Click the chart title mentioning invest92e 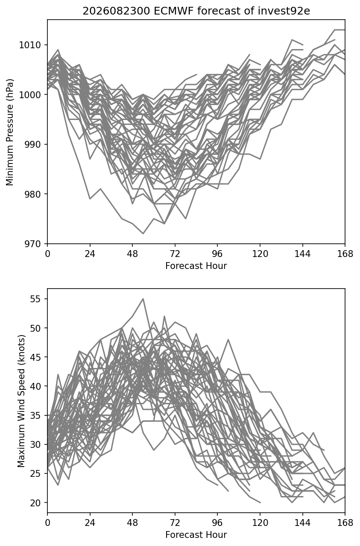[x=196, y=11]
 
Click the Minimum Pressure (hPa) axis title [x=9, y=132]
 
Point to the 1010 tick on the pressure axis [x=29, y=45]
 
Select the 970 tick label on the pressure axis [x=32, y=244]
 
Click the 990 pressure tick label [x=32, y=145]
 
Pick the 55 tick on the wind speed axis [x=35, y=299]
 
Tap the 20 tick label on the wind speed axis [x=35, y=502]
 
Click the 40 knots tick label [x=35, y=386]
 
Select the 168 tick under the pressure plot [x=345, y=254]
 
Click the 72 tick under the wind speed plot [x=175, y=523]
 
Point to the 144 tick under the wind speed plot [x=302, y=523]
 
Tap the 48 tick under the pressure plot [x=132, y=254]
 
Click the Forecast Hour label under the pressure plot [x=196, y=266]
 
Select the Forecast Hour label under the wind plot [x=196, y=535]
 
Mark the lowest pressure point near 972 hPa [x=143, y=234]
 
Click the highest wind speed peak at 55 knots [x=143, y=298]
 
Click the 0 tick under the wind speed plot [x=47, y=523]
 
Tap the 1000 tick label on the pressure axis [x=29, y=95]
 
